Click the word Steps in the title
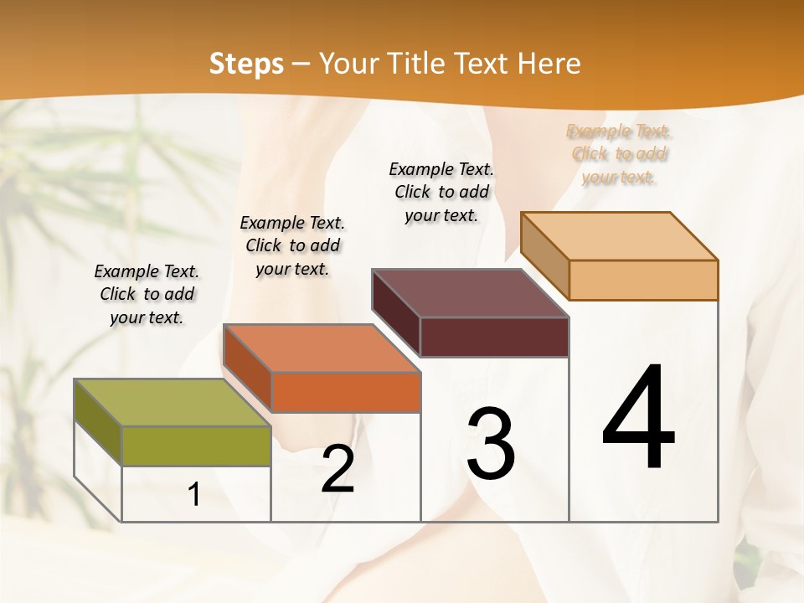246,64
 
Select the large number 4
638,419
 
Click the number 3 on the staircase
491,444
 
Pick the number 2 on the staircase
338,469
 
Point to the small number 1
194,495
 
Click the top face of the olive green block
173,403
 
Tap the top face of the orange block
322,348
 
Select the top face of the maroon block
471,293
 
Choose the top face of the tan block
620,236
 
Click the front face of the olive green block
196,446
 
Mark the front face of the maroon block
494,337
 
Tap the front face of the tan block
643,280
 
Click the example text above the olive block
147,294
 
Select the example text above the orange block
292,245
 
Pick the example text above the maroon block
441,192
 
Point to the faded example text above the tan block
619,154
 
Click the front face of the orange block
345,392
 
